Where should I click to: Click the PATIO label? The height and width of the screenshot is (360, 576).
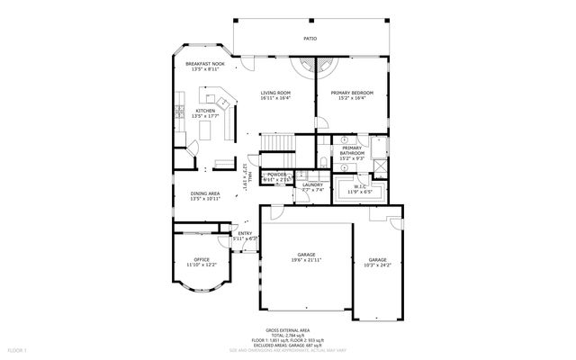(x=310, y=39)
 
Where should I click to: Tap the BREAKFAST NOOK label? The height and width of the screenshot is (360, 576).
(x=204, y=64)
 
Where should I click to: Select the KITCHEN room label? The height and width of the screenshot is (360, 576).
(x=205, y=111)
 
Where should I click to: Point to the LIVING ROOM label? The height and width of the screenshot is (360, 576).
(x=275, y=92)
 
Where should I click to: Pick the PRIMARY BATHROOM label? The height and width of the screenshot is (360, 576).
(x=352, y=150)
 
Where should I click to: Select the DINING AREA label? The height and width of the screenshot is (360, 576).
(x=205, y=193)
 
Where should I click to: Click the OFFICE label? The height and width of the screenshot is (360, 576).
(x=202, y=259)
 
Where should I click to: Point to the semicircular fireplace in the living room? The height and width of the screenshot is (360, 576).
(x=315, y=67)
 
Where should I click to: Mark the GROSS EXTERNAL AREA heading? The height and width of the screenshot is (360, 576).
(x=290, y=330)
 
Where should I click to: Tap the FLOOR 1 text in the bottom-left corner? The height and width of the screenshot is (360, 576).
(x=17, y=349)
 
